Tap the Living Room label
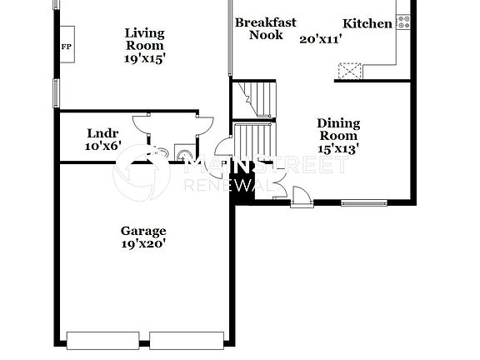[x=144, y=40]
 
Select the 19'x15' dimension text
[x=144, y=59]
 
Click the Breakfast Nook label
[x=265, y=28]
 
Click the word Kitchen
[x=367, y=23]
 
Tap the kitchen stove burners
[x=404, y=21]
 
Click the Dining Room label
[x=338, y=129]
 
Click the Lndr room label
[x=102, y=133]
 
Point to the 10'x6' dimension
[x=103, y=146]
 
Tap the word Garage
[x=143, y=231]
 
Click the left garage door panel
[x=102, y=340]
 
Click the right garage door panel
[x=187, y=340]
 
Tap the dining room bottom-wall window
[x=364, y=202]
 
